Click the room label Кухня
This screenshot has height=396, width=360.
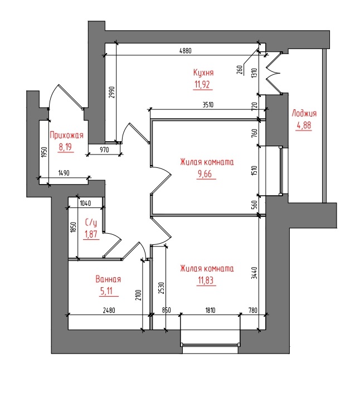[x=203, y=73]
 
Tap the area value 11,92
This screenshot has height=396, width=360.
[x=202, y=84]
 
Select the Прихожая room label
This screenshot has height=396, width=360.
[x=66, y=135]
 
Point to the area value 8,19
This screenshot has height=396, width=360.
[x=65, y=147]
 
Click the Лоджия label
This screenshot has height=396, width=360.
[x=304, y=113]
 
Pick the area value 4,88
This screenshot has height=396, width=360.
[x=304, y=125]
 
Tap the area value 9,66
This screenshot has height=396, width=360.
[x=205, y=174]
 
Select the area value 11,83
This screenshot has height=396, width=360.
[x=206, y=280]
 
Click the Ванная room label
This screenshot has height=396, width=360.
[x=108, y=279]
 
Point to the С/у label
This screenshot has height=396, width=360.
[x=91, y=223]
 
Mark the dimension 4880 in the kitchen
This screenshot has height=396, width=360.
[x=186, y=51]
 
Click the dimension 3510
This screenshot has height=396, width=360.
[x=208, y=104]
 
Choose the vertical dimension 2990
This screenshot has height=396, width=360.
[x=113, y=93]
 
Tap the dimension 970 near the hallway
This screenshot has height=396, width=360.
[x=104, y=149]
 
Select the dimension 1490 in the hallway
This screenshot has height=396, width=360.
[x=64, y=173]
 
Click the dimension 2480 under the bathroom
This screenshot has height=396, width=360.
[x=109, y=310]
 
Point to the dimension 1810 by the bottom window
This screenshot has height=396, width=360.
[x=210, y=310]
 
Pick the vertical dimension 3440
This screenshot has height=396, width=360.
[x=255, y=273]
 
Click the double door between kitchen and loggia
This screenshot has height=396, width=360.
[x=274, y=73]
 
